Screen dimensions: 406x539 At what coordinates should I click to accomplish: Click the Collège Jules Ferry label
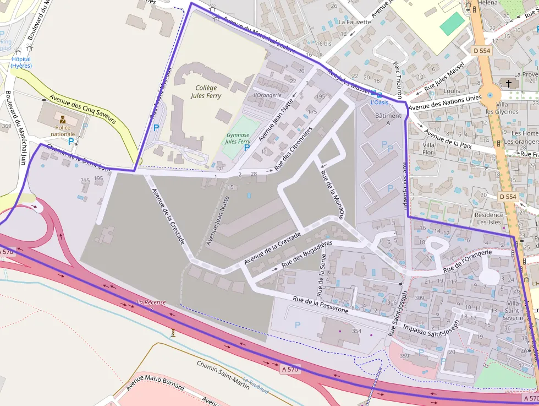click(206, 91)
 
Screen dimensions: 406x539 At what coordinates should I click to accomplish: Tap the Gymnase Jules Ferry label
click(238, 138)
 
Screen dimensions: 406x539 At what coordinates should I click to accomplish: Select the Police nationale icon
click(63, 119)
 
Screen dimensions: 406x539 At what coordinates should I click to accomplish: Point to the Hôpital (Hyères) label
click(21, 62)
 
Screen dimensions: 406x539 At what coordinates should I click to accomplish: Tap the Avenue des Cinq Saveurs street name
click(82, 109)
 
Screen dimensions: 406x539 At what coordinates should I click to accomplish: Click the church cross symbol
click(508, 84)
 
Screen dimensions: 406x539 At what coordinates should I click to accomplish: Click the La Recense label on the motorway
click(151, 302)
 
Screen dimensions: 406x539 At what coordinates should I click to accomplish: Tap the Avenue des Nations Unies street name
click(445, 102)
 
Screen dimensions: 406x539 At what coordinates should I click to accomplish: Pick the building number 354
click(356, 331)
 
